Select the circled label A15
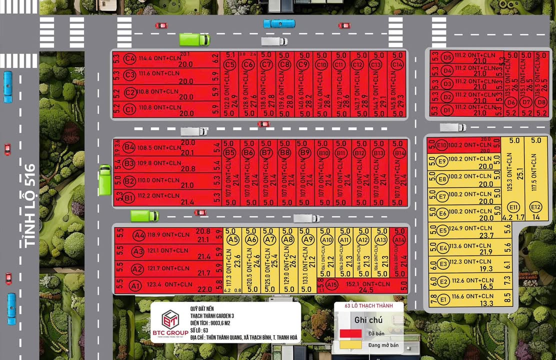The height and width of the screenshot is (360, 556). (x=331, y=284)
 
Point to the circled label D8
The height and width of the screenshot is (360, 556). (x=541, y=102)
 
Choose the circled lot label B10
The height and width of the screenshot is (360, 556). (x=323, y=152)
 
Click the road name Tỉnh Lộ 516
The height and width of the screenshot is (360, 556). (x=29, y=205)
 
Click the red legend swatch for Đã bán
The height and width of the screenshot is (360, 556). (x=350, y=332)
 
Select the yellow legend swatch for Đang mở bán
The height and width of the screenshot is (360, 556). (x=350, y=344)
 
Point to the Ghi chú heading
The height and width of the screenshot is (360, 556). (x=368, y=320)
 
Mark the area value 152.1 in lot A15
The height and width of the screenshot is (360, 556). (x=356, y=284)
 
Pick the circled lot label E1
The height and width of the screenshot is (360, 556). (x=443, y=299)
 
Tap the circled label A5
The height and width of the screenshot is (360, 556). (x=233, y=239)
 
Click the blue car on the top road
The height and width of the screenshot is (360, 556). (x=279, y=23)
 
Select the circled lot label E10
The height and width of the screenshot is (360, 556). (x=441, y=145)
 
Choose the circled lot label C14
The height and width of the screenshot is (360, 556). (x=397, y=64)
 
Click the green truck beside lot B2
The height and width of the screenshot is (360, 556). (x=105, y=180)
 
